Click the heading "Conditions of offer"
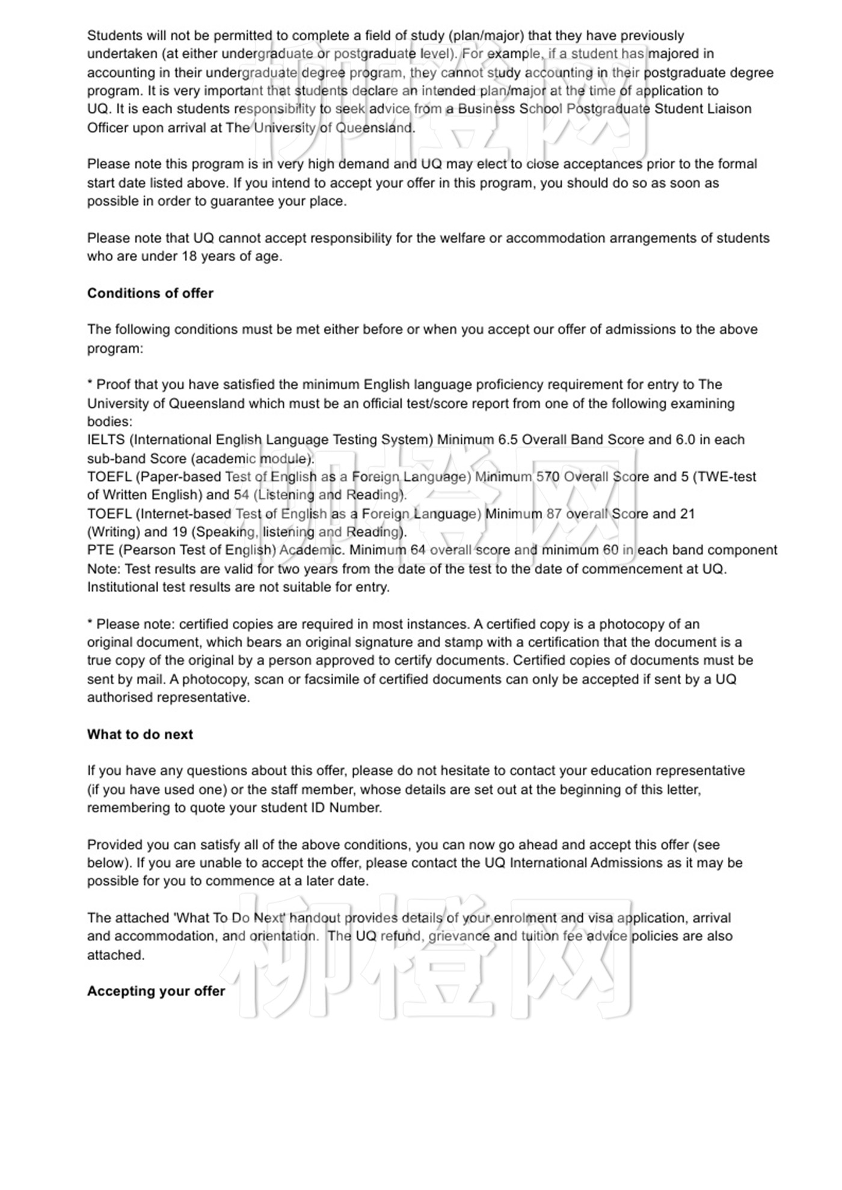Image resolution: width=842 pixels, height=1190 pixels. tap(150, 294)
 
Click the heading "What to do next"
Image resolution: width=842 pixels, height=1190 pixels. tap(140, 735)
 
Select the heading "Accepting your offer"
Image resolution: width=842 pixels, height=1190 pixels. tap(156, 991)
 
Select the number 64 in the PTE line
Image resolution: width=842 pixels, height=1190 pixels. tap(418, 550)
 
